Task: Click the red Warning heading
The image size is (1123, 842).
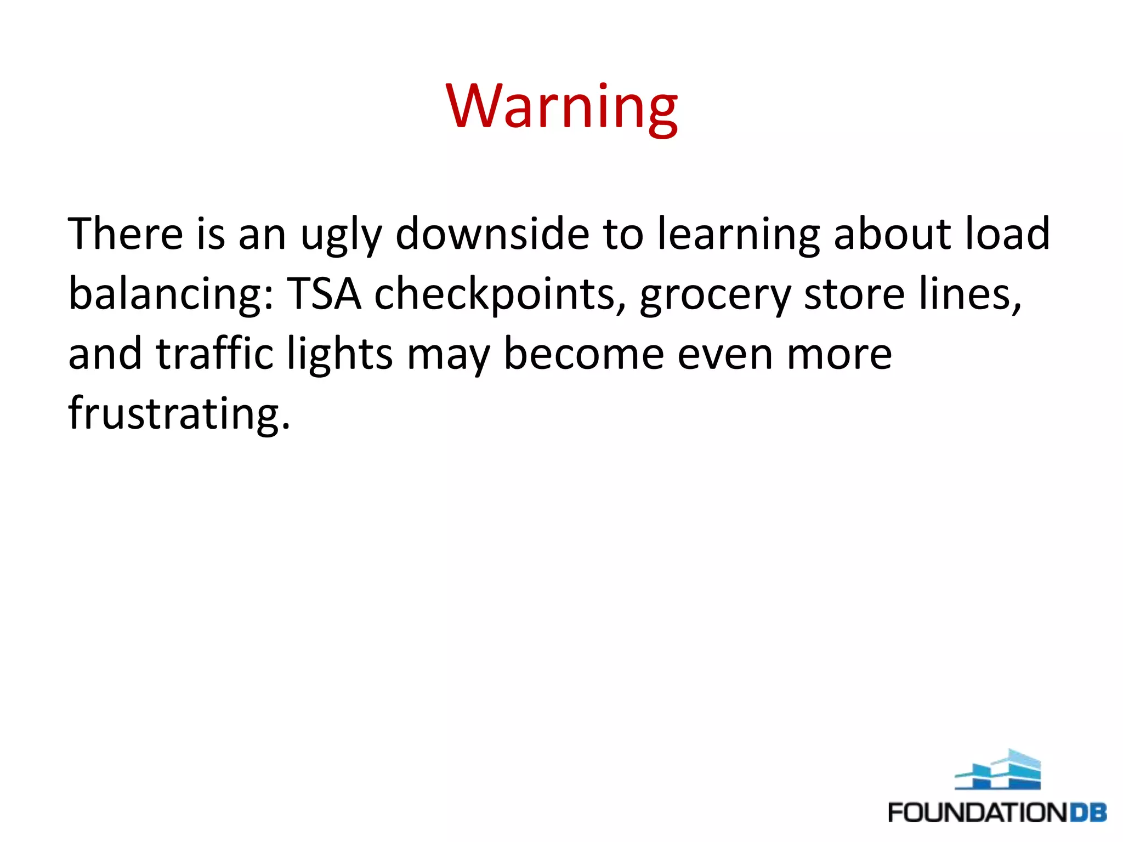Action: pyautogui.click(x=561, y=106)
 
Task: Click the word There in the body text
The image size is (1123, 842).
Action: pyautogui.click(x=125, y=234)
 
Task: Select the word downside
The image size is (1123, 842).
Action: pyautogui.click(x=492, y=234)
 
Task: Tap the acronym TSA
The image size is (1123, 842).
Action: pyautogui.click(x=325, y=294)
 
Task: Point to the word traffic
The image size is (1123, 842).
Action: pyautogui.click(x=214, y=354)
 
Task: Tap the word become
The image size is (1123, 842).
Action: pyautogui.click(x=583, y=354)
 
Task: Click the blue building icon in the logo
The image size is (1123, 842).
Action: pyautogui.click(x=997, y=770)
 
